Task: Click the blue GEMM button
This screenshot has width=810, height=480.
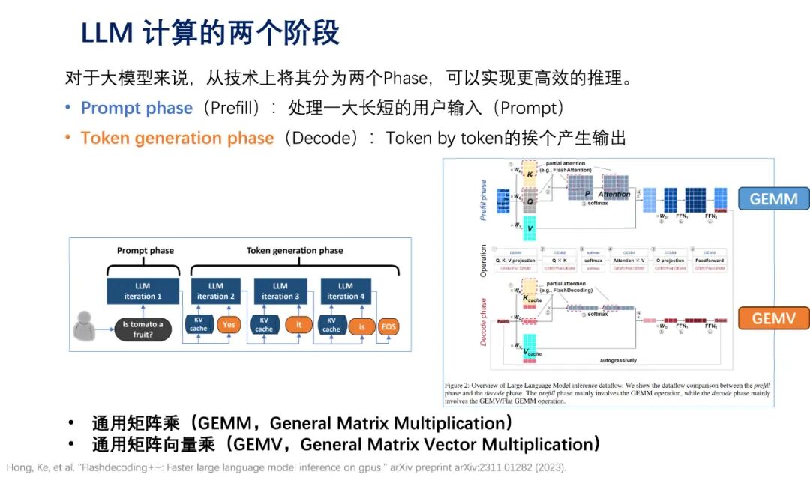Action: click(773, 198)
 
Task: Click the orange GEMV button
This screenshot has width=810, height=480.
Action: click(773, 318)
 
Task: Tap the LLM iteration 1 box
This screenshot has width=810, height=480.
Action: click(142, 291)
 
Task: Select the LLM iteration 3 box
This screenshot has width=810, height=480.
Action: click(280, 291)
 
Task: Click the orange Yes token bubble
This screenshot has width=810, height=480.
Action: click(227, 325)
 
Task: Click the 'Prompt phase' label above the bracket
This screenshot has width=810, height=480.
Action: click(145, 251)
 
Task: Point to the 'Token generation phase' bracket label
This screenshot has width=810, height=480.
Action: click(295, 251)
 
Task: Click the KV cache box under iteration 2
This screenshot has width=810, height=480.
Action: click(199, 325)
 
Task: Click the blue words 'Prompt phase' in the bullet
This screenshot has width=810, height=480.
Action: click(136, 108)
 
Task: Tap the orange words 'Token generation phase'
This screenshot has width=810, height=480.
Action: click(177, 138)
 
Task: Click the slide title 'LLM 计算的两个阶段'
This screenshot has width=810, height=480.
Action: click(210, 33)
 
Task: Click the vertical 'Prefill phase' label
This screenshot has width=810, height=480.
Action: click(483, 199)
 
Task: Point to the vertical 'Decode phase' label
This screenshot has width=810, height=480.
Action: click(483, 320)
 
